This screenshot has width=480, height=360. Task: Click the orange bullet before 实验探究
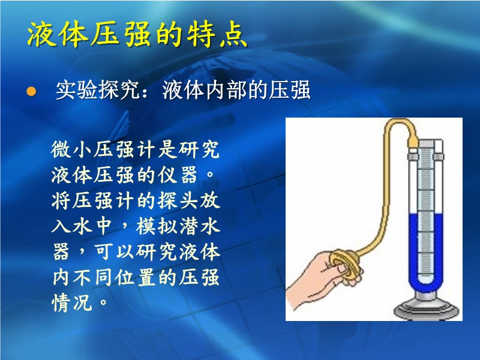pyautogui.click(x=31, y=91)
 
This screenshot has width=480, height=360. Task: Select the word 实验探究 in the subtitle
pyautogui.click(x=98, y=90)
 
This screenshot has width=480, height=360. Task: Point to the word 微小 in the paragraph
pyautogui.click(x=72, y=149)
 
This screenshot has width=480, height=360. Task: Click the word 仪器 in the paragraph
pyautogui.click(x=178, y=175)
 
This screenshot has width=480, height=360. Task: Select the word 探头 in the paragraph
pyautogui.click(x=178, y=201)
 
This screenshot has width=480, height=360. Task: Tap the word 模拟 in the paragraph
pyautogui.click(x=157, y=226)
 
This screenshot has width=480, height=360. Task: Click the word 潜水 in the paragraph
pyautogui.click(x=199, y=226)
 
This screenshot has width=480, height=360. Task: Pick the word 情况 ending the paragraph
pyautogui.click(x=72, y=302)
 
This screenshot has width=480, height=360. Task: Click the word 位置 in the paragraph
pyautogui.click(x=135, y=277)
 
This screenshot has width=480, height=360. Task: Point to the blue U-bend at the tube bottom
pyautogui.click(x=426, y=287)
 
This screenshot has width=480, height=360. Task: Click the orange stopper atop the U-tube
pyautogui.click(x=413, y=142)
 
